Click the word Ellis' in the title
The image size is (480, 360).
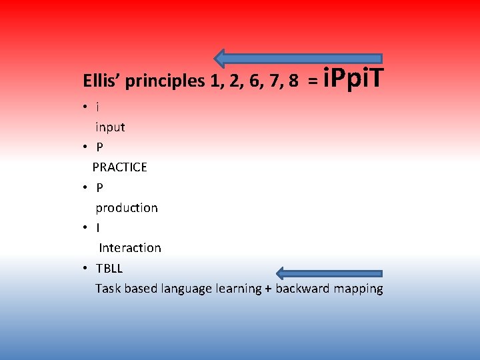click(x=101, y=81)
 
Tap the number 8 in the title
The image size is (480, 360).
click(x=293, y=81)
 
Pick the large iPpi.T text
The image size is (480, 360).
click(x=353, y=79)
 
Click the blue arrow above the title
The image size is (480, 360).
click(x=298, y=59)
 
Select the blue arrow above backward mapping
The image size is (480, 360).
click(x=329, y=273)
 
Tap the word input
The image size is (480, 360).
click(x=110, y=127)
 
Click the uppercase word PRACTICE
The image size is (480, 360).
click(x=120, y=167)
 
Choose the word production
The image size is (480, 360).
click(x=127, y=207)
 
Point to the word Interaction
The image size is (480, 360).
click(x=130, y=248)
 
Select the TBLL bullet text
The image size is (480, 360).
click(x=109, y=268)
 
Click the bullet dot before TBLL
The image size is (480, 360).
click(x=87, y=268)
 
